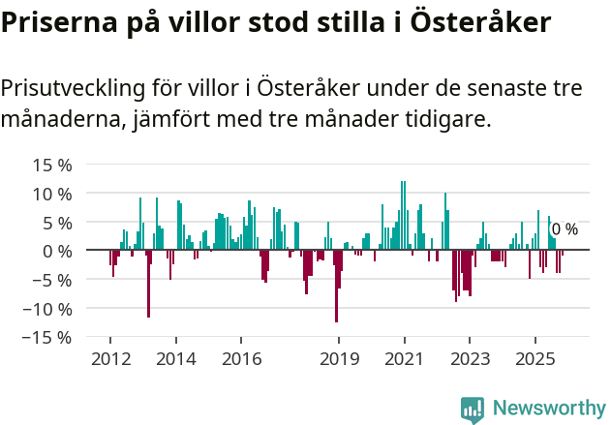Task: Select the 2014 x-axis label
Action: pos(175,358)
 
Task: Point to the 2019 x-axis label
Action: pos(338,358)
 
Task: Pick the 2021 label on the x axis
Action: pos(404,358)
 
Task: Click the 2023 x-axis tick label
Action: pos(469,358)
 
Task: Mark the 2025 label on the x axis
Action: pos(535,358)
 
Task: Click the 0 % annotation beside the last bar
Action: pos(565,229)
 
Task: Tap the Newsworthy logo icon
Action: pos(473,410)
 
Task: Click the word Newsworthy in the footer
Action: pos(548,410)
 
